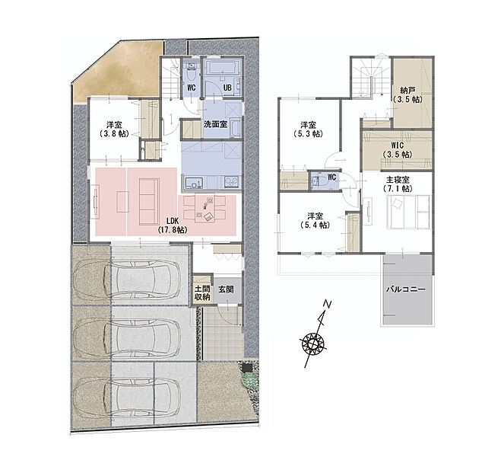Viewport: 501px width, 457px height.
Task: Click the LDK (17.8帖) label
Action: (x=173, y=225)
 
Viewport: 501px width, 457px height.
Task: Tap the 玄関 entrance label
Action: (x=226, y=289)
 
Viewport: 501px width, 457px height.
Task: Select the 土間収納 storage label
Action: (x=202, y=292)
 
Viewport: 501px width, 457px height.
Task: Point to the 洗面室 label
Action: (x=216, y=124)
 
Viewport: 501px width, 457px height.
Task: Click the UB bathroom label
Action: (x=227, y=88)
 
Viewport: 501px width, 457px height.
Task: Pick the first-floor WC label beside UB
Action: (x=192, y=88)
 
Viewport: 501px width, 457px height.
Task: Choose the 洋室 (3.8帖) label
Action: (x=114, y=129)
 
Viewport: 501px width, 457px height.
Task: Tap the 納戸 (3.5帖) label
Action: (x=407, y=94)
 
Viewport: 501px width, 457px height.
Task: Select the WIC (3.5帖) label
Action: (x=398, y=150)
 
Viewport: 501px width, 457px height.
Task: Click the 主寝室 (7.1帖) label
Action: (x=398, y=184)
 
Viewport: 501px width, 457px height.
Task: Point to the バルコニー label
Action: (x=406, y=289)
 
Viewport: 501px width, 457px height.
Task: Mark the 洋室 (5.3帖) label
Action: (x=308, y=129)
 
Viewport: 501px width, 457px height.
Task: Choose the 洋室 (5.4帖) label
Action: (x=316, y=220)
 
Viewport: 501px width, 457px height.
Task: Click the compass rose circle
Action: (x=314, y=344)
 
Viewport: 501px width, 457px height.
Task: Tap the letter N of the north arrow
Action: (x=327, y=304)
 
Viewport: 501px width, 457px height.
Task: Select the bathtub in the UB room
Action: (x=223, y=68)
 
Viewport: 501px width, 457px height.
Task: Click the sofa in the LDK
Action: (x=149, y=202)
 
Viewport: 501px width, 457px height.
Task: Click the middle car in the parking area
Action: (x=127, y=337)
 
